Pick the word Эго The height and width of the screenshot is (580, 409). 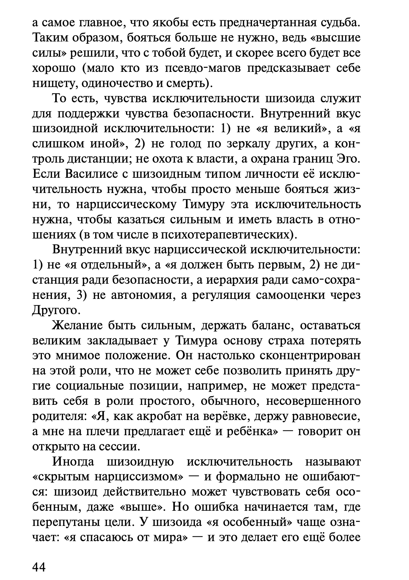click(348, 159)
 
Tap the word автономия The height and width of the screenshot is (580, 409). click(138, 296)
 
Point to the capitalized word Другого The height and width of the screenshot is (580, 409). click(54, 311)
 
